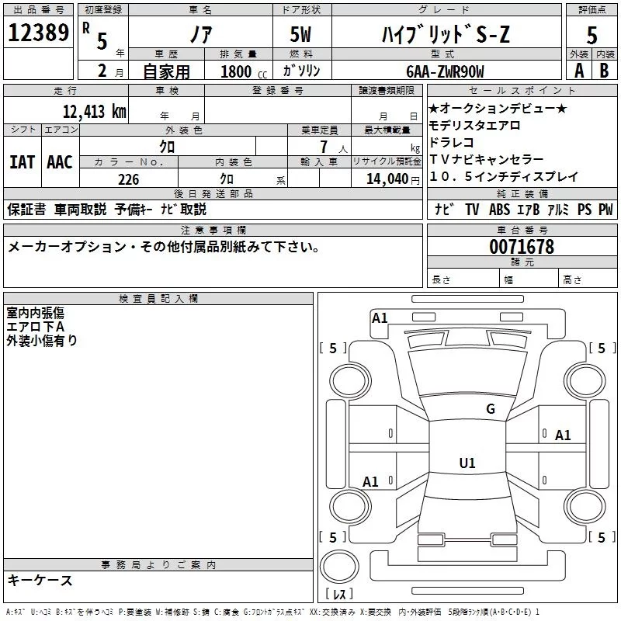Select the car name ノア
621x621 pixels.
click(199, 34)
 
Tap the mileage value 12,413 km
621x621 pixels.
click(95, 111)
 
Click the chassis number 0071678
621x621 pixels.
click(521, 247)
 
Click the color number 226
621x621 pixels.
click(128, 179)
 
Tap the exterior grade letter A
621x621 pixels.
click(578, 71)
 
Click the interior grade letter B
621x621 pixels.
click(604, 71)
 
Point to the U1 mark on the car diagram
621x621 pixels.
click(467, 463)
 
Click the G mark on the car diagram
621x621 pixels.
click(490, 409)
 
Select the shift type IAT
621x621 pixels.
click(22, 161)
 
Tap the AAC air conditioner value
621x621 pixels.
click(60, 161)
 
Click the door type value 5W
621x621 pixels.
click(301, 34)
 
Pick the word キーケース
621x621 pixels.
click(40, 581)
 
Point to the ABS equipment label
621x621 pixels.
click(499, 210)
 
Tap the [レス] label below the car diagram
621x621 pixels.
click(339, 594)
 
